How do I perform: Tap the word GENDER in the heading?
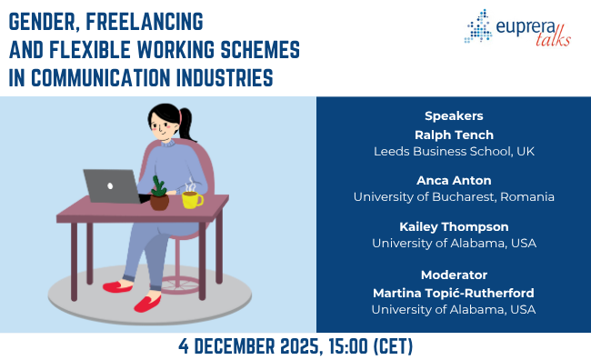click(x=44, y=19)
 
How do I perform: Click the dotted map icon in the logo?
click(x=479, y=26)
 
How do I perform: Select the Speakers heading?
click(x=453, y=115)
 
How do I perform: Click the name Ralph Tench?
click(x=453, y=135)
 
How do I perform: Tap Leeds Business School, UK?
click(x=453, y=151)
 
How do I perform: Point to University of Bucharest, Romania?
click(x=453, y=196)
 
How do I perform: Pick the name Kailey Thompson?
click(x=453, y=226)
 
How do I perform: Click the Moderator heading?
click(x=453, y=274)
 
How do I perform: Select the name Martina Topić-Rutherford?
click(x=453, y=292)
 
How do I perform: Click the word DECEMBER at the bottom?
click(x=235, y=345)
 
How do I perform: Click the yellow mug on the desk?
click(x=191, y=198)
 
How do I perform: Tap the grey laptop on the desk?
click(x=111, y=186)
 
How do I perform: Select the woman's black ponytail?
click(x=187, y=124)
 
